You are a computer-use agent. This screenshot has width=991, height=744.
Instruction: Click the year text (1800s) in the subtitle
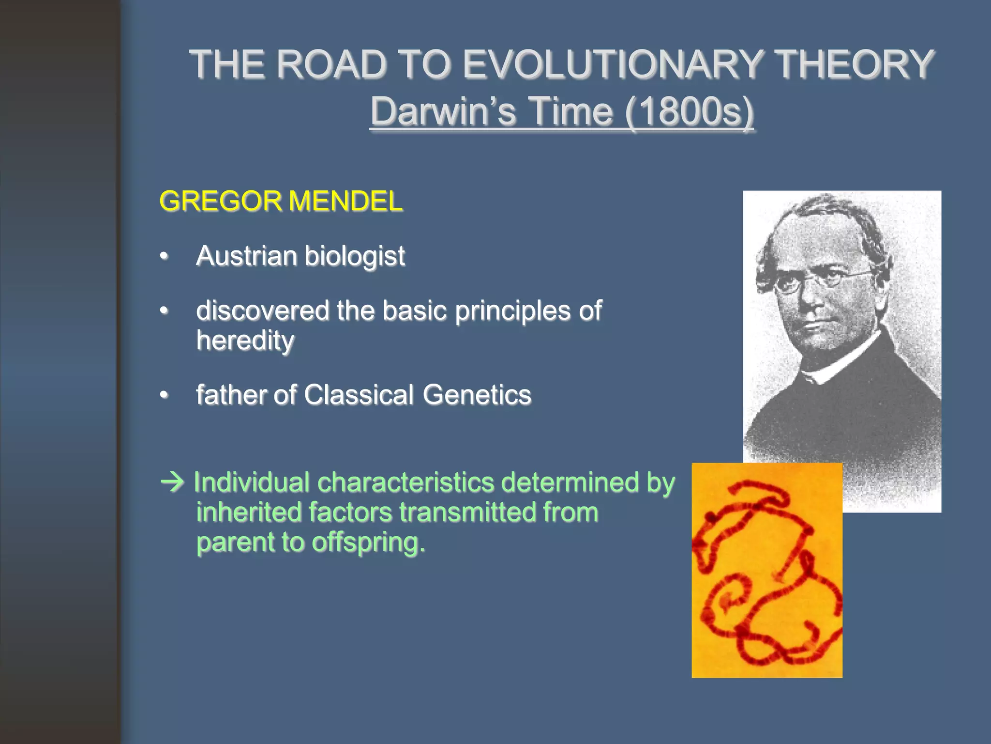pyautogui.click(x=689, y=112)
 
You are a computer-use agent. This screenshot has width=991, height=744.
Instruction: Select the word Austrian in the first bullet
pyautogui.click(x=246, y=256)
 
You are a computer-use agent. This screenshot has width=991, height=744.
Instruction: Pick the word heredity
pyautogui.click(x=245, y=341)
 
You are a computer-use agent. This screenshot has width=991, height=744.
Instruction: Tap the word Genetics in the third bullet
pyautogui.click(x=477, y=395)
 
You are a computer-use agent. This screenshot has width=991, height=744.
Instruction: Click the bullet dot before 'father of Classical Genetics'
pyautogui.click(x=165, y=395)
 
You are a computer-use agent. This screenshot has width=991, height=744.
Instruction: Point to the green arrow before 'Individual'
pyautogui.click(x=172, y=482)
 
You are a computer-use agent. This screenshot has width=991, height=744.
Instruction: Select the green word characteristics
pyautogui.click(x=406, y=482)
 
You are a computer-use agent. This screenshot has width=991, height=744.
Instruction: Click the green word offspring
pyautogui.click(x=368, y=542)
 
